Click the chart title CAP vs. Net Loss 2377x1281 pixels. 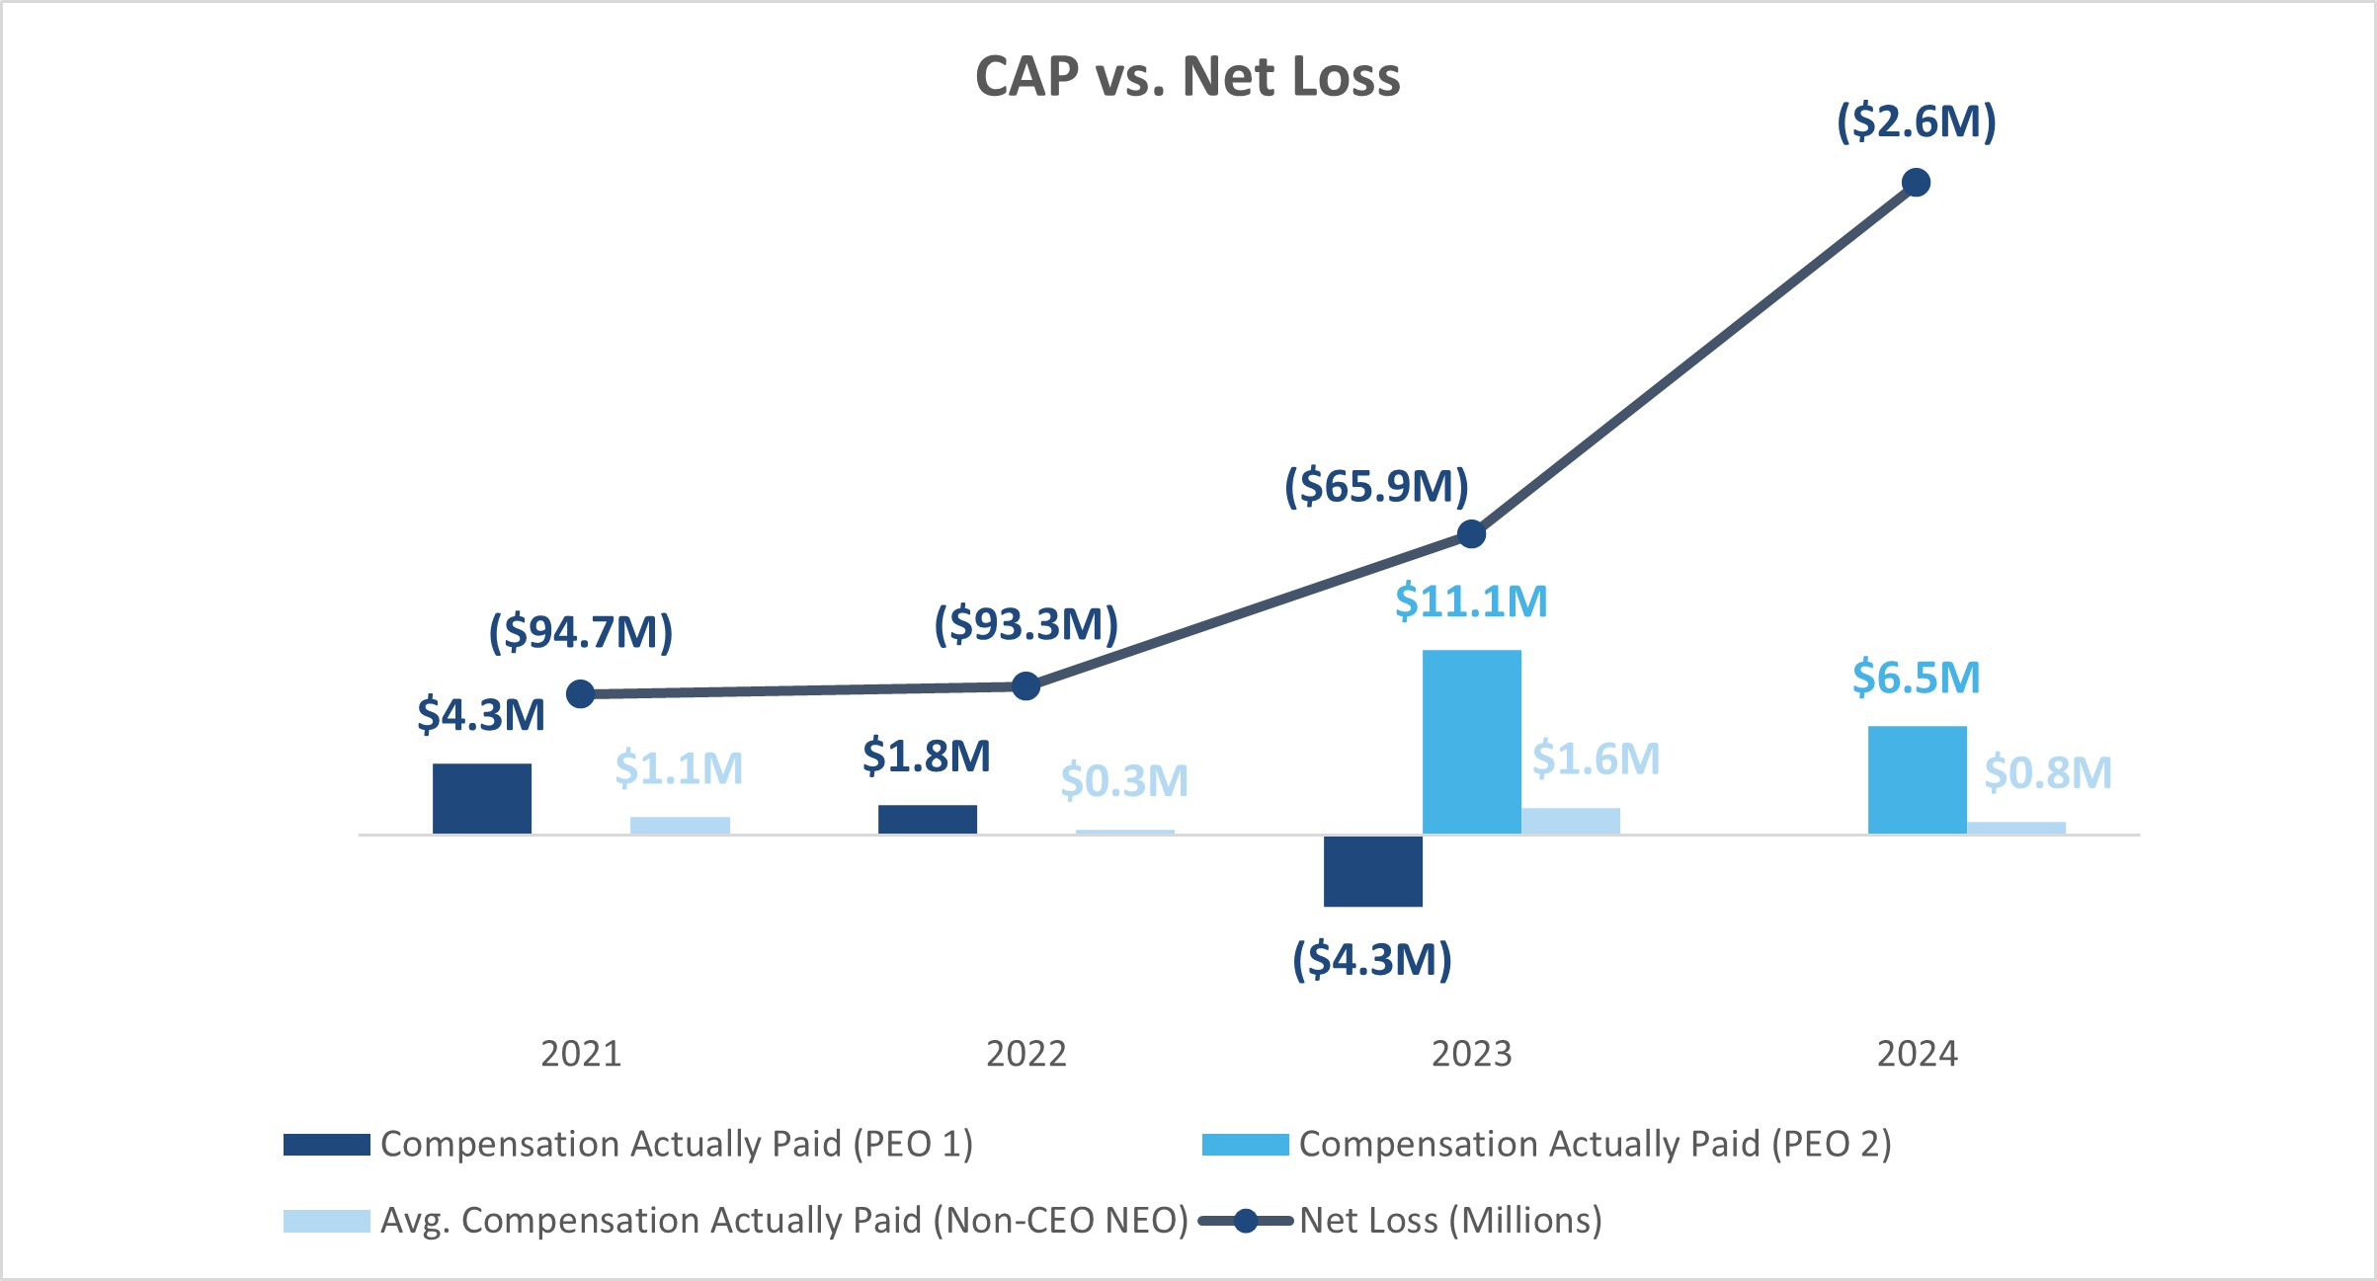pyautogui.click(x=1188, y=76)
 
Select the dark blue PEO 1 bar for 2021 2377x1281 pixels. pyautogui.click(x=482, y=798)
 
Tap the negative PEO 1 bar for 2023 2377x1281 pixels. pyautogui.click(x=1372, y=870)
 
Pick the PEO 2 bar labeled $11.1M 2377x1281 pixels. pyautogui.click(x=1471, y=742)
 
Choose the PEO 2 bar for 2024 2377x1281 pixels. pyautogui.click(x=1917, y=779)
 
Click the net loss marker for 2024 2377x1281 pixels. pyautogui.click(x=1916, y=183)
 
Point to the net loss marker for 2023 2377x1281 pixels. pyautogui.click(x=1471, y=534)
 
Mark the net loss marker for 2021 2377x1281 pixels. pyautogui.click(x=581, y=694)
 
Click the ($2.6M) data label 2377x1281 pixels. pyautogui.click(x=1916, y=121)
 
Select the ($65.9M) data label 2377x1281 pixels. pyautogui.click(x=1376, y=486)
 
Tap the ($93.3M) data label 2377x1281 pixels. pyautogui.click(x=1025, y=624)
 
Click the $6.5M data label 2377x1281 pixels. pyautogui.click(x=1916, y=678)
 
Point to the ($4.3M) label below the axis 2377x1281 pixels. pyautogui.click(x=1372, y=959)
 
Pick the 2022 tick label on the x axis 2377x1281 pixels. pyautogui.click(x=1025, y=1054)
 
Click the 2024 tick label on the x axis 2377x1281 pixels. pyautogui.click(x=1917, y=1054)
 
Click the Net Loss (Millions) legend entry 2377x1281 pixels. pyautogui.click(x=1449, y=1221)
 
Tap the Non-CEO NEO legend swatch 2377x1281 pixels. pyautogui.click(x=326, y=1221)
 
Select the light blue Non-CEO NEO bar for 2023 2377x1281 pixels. pyautogui.click(x=1570, y=821)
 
